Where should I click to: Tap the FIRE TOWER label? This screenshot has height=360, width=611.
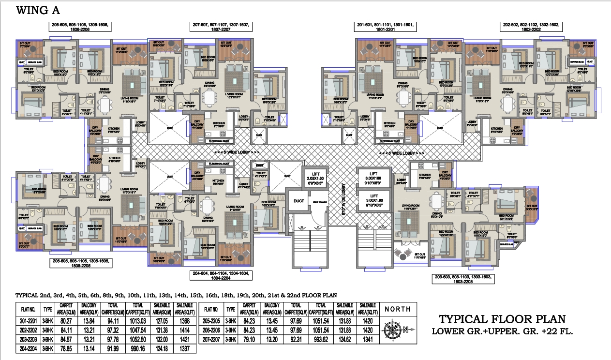coord(317,201)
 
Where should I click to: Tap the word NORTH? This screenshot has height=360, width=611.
coord(397,309)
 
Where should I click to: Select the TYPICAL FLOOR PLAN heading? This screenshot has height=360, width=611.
coord(501,319)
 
